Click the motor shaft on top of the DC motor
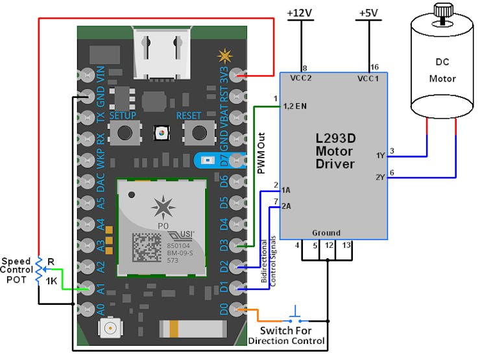pyautogui.click(x=442, y=10)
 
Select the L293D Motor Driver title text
pyautogui.click(x=334, y=151)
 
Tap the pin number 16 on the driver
pyautogui.click(x=373, y=67)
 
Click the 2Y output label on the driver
pyautogui.click(x=379, y=177)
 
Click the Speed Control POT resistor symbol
pyautogui.click(x=38, y=271)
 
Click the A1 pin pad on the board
pyautogui.click(x=86, y=289)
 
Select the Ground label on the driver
pyautogui.click(x=326, y=233)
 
